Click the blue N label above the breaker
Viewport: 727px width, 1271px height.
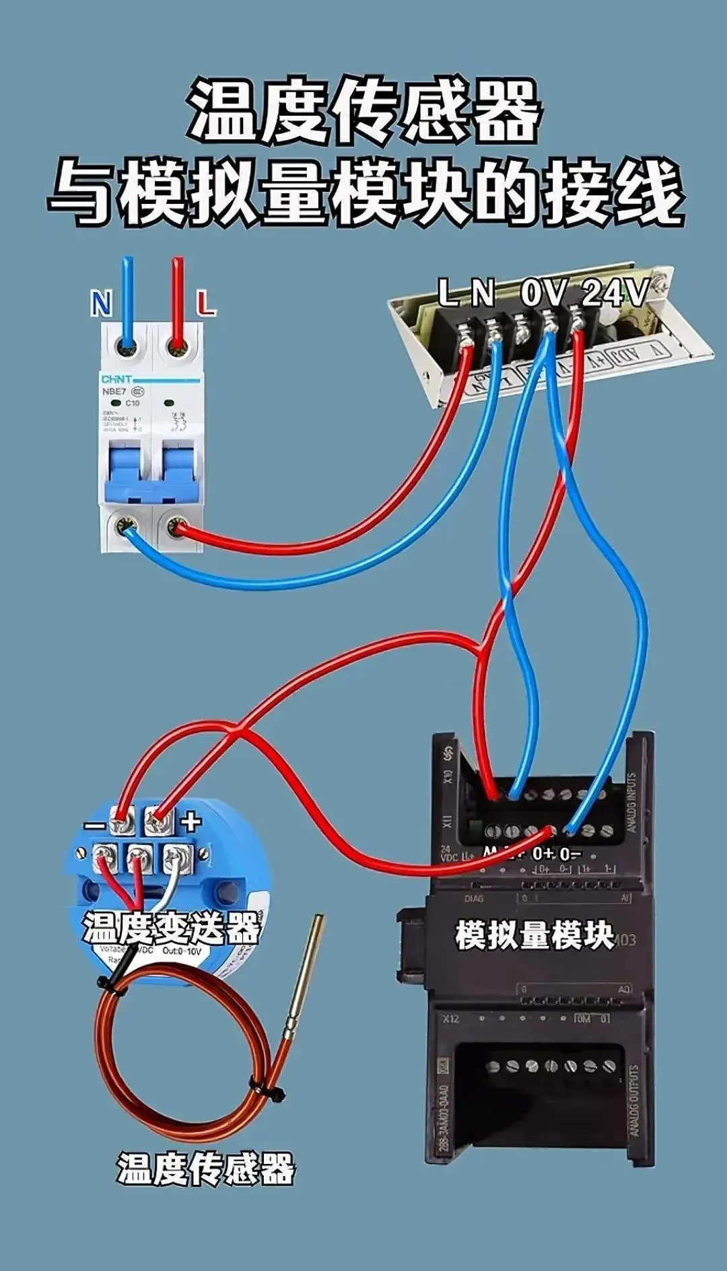(102, 304)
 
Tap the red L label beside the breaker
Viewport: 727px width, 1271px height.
(206, 304)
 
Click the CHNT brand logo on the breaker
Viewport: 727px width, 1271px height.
(117, 379)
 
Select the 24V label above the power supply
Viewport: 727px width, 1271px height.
(615, 293)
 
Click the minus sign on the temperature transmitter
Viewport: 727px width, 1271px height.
(95, 826)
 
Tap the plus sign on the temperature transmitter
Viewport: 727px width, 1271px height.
(191, 822)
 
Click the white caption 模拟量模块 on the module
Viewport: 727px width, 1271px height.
(534, 935)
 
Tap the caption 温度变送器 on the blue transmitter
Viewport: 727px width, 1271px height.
(171, 929)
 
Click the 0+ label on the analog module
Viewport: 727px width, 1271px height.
(543, 854)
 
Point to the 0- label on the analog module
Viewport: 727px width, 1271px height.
(570, 854)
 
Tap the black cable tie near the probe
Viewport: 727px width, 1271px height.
(268, 1090)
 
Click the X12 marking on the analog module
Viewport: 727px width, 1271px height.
(450, 1019)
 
